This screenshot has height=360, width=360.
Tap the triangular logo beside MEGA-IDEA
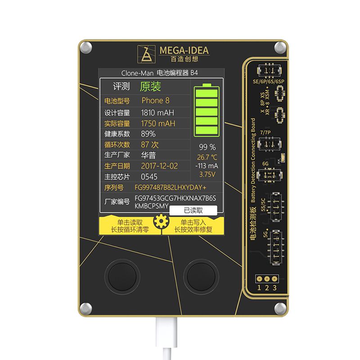coord(147,54)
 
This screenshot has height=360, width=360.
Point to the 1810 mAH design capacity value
coord(157,112)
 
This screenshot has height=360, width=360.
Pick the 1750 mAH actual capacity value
coord(158,123)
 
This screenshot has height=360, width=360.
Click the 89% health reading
coord(148,134)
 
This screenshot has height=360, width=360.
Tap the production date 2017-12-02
coord(159,166)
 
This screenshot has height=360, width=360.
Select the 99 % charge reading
coord(207,147)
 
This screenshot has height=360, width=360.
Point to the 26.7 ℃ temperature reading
coord(207,157)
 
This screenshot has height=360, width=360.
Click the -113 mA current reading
coord(207,166)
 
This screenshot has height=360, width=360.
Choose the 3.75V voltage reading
coord(207,174)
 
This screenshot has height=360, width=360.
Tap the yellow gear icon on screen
coord(160,222)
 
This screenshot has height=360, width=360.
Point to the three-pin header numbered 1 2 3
coord(266,280)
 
